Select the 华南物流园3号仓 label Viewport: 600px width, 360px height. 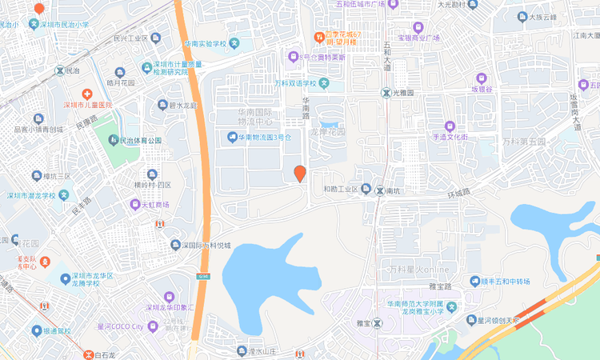click(x=260, y=137)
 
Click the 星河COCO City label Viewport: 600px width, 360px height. click(x=120, y=326)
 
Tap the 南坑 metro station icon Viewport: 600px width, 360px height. click(x=379, y=190)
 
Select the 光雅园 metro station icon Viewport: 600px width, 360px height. click(x=385, y=93)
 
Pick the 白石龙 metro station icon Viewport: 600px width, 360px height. click(x=89, y=354)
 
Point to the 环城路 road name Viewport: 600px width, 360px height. click(x=459, y=193)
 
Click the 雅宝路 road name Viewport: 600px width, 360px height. click(x=440, y=286)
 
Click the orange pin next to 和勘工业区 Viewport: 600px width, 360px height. click(x=300, y=174)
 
